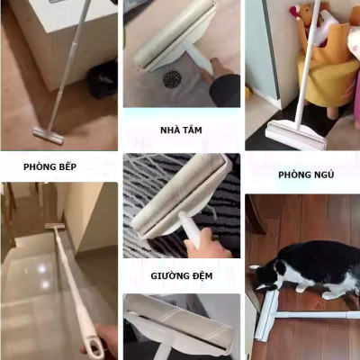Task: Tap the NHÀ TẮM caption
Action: click(181, 130)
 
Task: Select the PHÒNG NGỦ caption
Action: click(305, 174)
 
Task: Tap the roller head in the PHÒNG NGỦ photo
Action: click(285, 136)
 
